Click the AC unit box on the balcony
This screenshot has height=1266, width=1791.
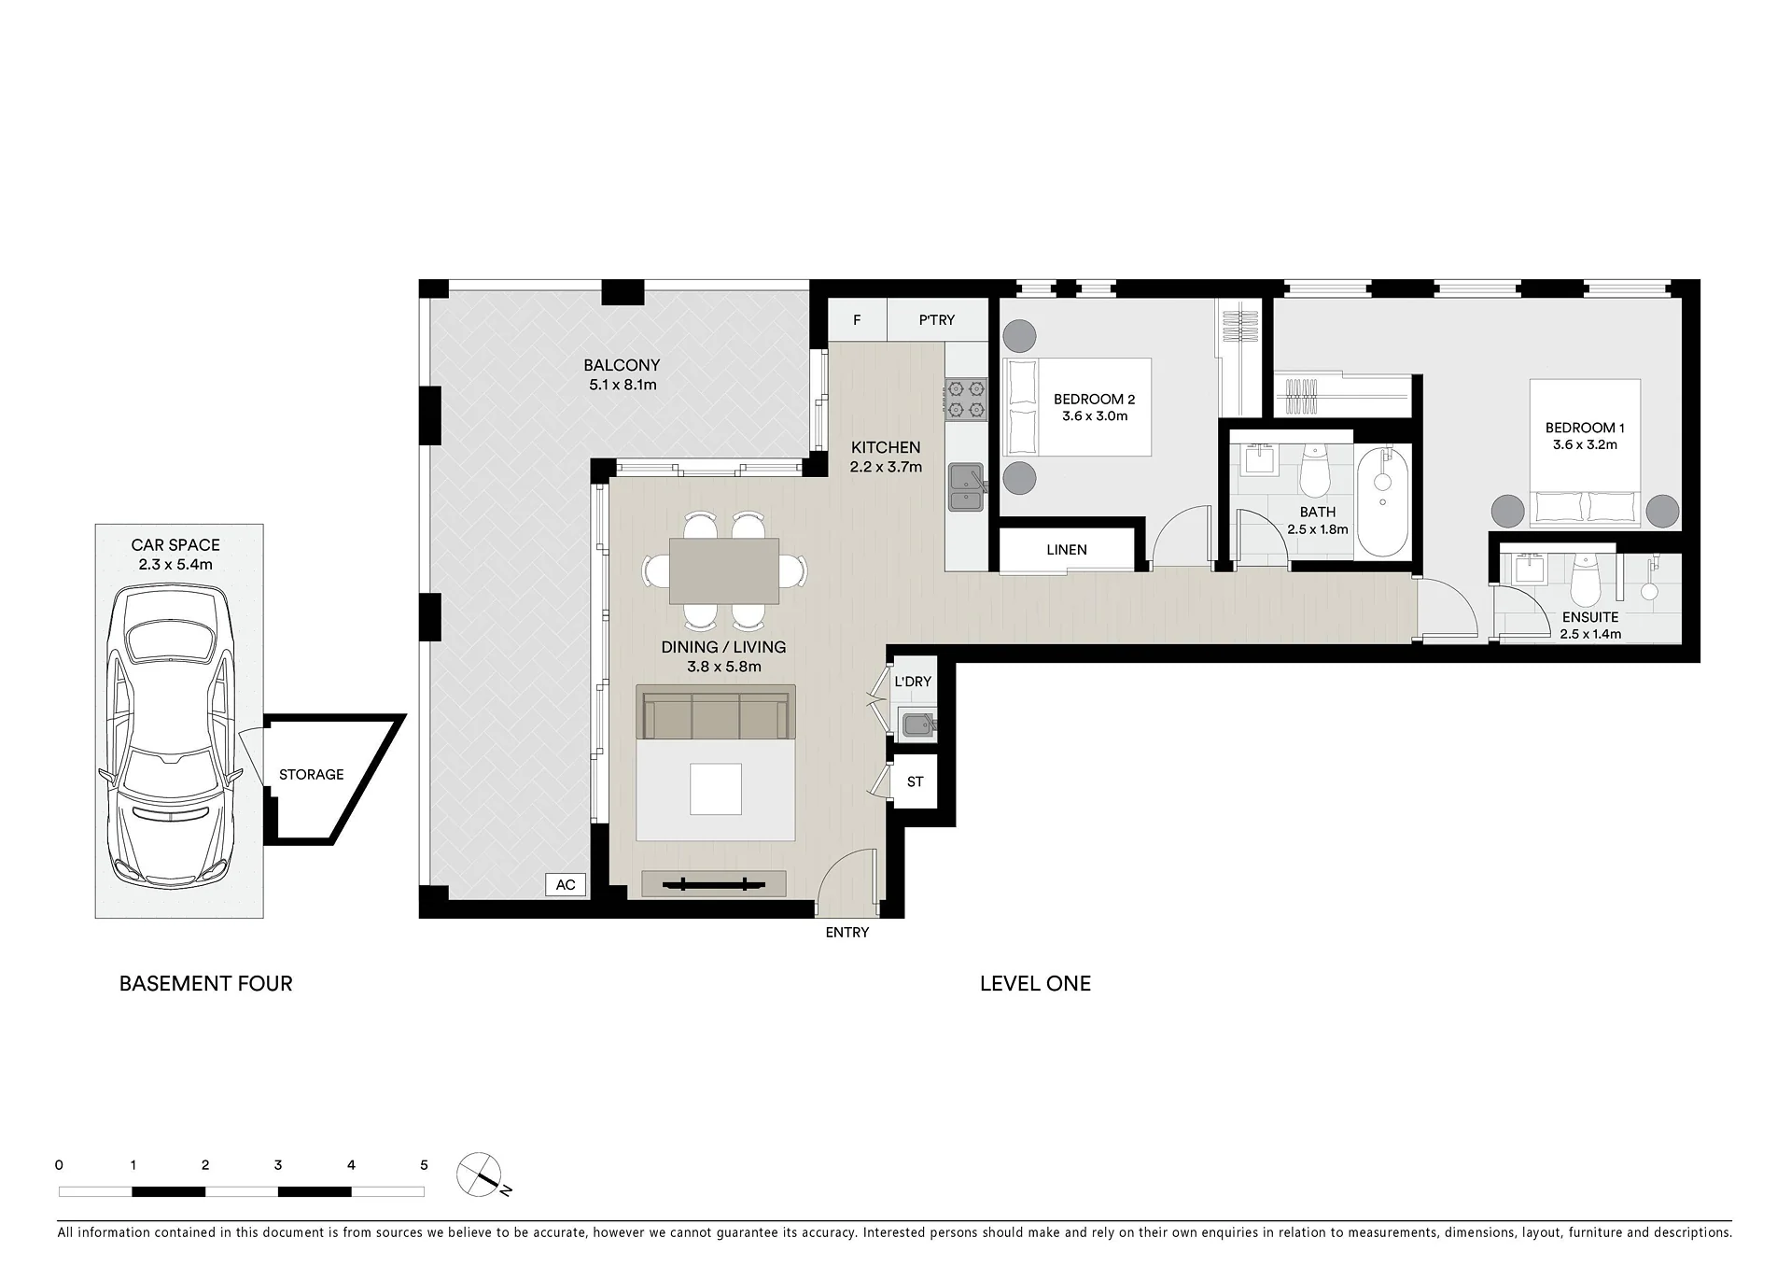566,885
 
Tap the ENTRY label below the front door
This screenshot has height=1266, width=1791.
847,933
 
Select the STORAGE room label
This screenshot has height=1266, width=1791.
312,775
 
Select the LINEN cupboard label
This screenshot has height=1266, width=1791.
1067,550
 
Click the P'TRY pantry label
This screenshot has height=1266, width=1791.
937,320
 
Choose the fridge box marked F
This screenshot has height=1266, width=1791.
857,320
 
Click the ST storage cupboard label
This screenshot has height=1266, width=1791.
916,781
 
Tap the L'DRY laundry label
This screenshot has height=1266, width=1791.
913,682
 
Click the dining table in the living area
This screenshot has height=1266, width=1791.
724,570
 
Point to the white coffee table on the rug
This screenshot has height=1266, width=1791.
716,789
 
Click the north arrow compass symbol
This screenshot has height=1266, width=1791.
480,1176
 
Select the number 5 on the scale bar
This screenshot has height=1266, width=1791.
425,1165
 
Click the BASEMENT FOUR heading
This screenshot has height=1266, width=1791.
206,983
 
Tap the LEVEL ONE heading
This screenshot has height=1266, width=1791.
1035,983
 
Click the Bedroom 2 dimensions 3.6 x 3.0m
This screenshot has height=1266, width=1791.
1095,416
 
